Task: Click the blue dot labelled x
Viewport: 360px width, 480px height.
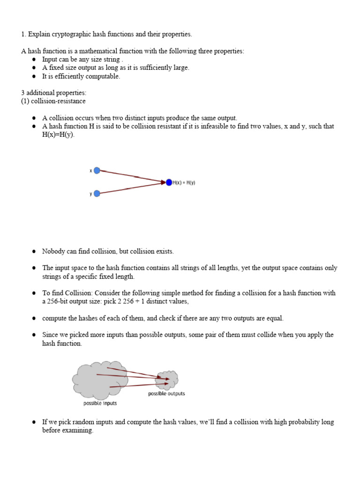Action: [97, 171]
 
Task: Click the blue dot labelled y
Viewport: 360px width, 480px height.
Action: [97, 193]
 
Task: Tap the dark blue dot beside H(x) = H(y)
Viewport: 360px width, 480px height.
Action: [169, 182]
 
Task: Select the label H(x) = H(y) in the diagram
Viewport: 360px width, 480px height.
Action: [184, 182]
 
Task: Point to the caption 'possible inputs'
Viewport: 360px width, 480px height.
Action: [100, 403]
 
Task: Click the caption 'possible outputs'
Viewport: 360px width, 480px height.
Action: [166, 393]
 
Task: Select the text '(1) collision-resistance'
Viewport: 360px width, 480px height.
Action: [53, 101]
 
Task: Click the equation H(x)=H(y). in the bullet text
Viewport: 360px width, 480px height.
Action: [58, 135]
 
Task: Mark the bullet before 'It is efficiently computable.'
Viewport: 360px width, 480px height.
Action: [34, 76]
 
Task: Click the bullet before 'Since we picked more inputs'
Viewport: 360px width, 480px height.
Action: [34, 335]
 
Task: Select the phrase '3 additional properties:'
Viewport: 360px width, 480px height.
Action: [54, 93]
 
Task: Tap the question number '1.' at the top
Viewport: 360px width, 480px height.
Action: [23, 34]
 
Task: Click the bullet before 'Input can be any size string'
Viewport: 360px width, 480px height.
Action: [34, 60]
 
